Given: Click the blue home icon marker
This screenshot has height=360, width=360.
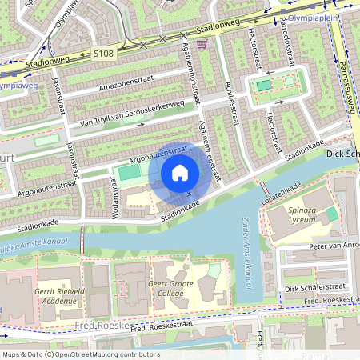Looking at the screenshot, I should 180,173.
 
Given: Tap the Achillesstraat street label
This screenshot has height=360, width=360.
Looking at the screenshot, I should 232,100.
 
